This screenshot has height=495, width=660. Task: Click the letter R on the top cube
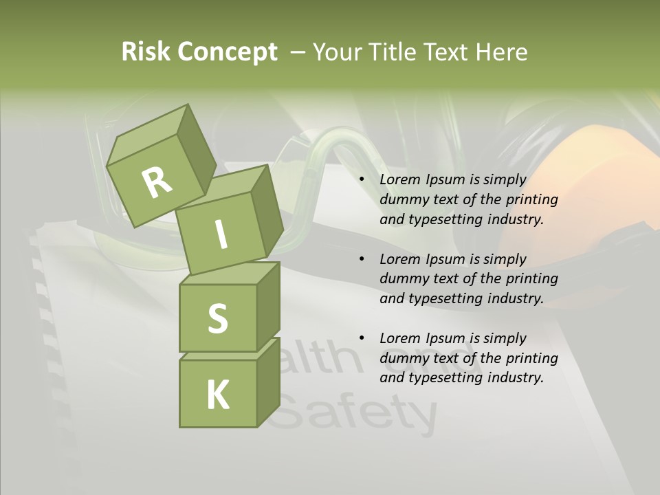coord(157,182)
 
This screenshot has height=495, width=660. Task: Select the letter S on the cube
coord(217,318)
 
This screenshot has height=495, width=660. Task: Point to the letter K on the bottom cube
coord(218,395)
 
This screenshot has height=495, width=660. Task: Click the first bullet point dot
coord(362,179)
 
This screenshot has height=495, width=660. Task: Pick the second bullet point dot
coord(362,259)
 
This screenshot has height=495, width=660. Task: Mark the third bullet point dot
coord(362,338)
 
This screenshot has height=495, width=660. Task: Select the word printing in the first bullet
coord(531,199)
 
